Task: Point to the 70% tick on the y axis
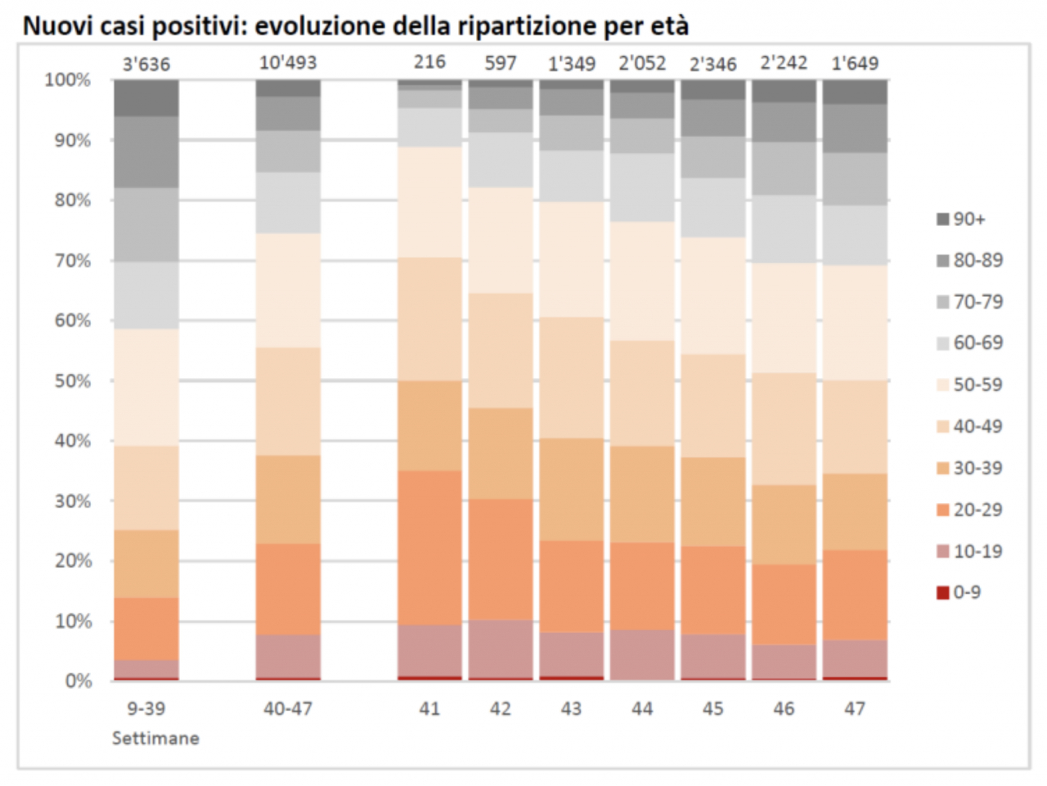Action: (72, 261)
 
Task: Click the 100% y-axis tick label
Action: (68, 80)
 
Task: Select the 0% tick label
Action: (78, 681)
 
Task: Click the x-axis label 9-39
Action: (146, 708)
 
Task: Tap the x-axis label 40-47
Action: (287, 708)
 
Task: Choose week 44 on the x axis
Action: (642, 708)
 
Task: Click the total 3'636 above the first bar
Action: (146, 64)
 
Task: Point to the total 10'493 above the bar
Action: (287, 63)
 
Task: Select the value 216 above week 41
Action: (429, 62)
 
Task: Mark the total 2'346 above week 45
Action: (712, 64)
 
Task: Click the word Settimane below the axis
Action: (155, 739)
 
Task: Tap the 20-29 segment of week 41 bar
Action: (429, 548)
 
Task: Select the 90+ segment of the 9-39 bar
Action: (146, 97)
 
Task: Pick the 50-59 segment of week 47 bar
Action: (855, 323)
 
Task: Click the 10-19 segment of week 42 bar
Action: (501, 649)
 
